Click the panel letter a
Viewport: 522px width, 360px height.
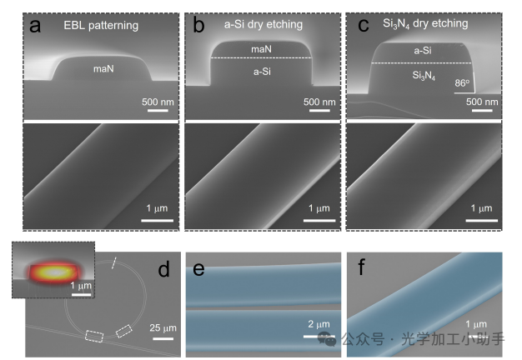pyautogui.click(x=35, y=25)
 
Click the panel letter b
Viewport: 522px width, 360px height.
pyautogui.click(x=198, y=25)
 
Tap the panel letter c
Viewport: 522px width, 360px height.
pyautogui.click(x=363, y=25)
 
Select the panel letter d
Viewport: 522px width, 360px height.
pyautogui.click(x=163, y=269)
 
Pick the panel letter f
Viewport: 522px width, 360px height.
pyautogui.click(x=361, y=269)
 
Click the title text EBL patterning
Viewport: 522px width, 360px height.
pyautogui.click(x=101, y=26)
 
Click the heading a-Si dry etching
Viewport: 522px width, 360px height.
pyautogui.click(x=262, y=25)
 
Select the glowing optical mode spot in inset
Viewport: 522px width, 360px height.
pyautogui.click(x=52, y=271)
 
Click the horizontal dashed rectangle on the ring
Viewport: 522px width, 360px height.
pyautogui.click(x=93, y=336)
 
